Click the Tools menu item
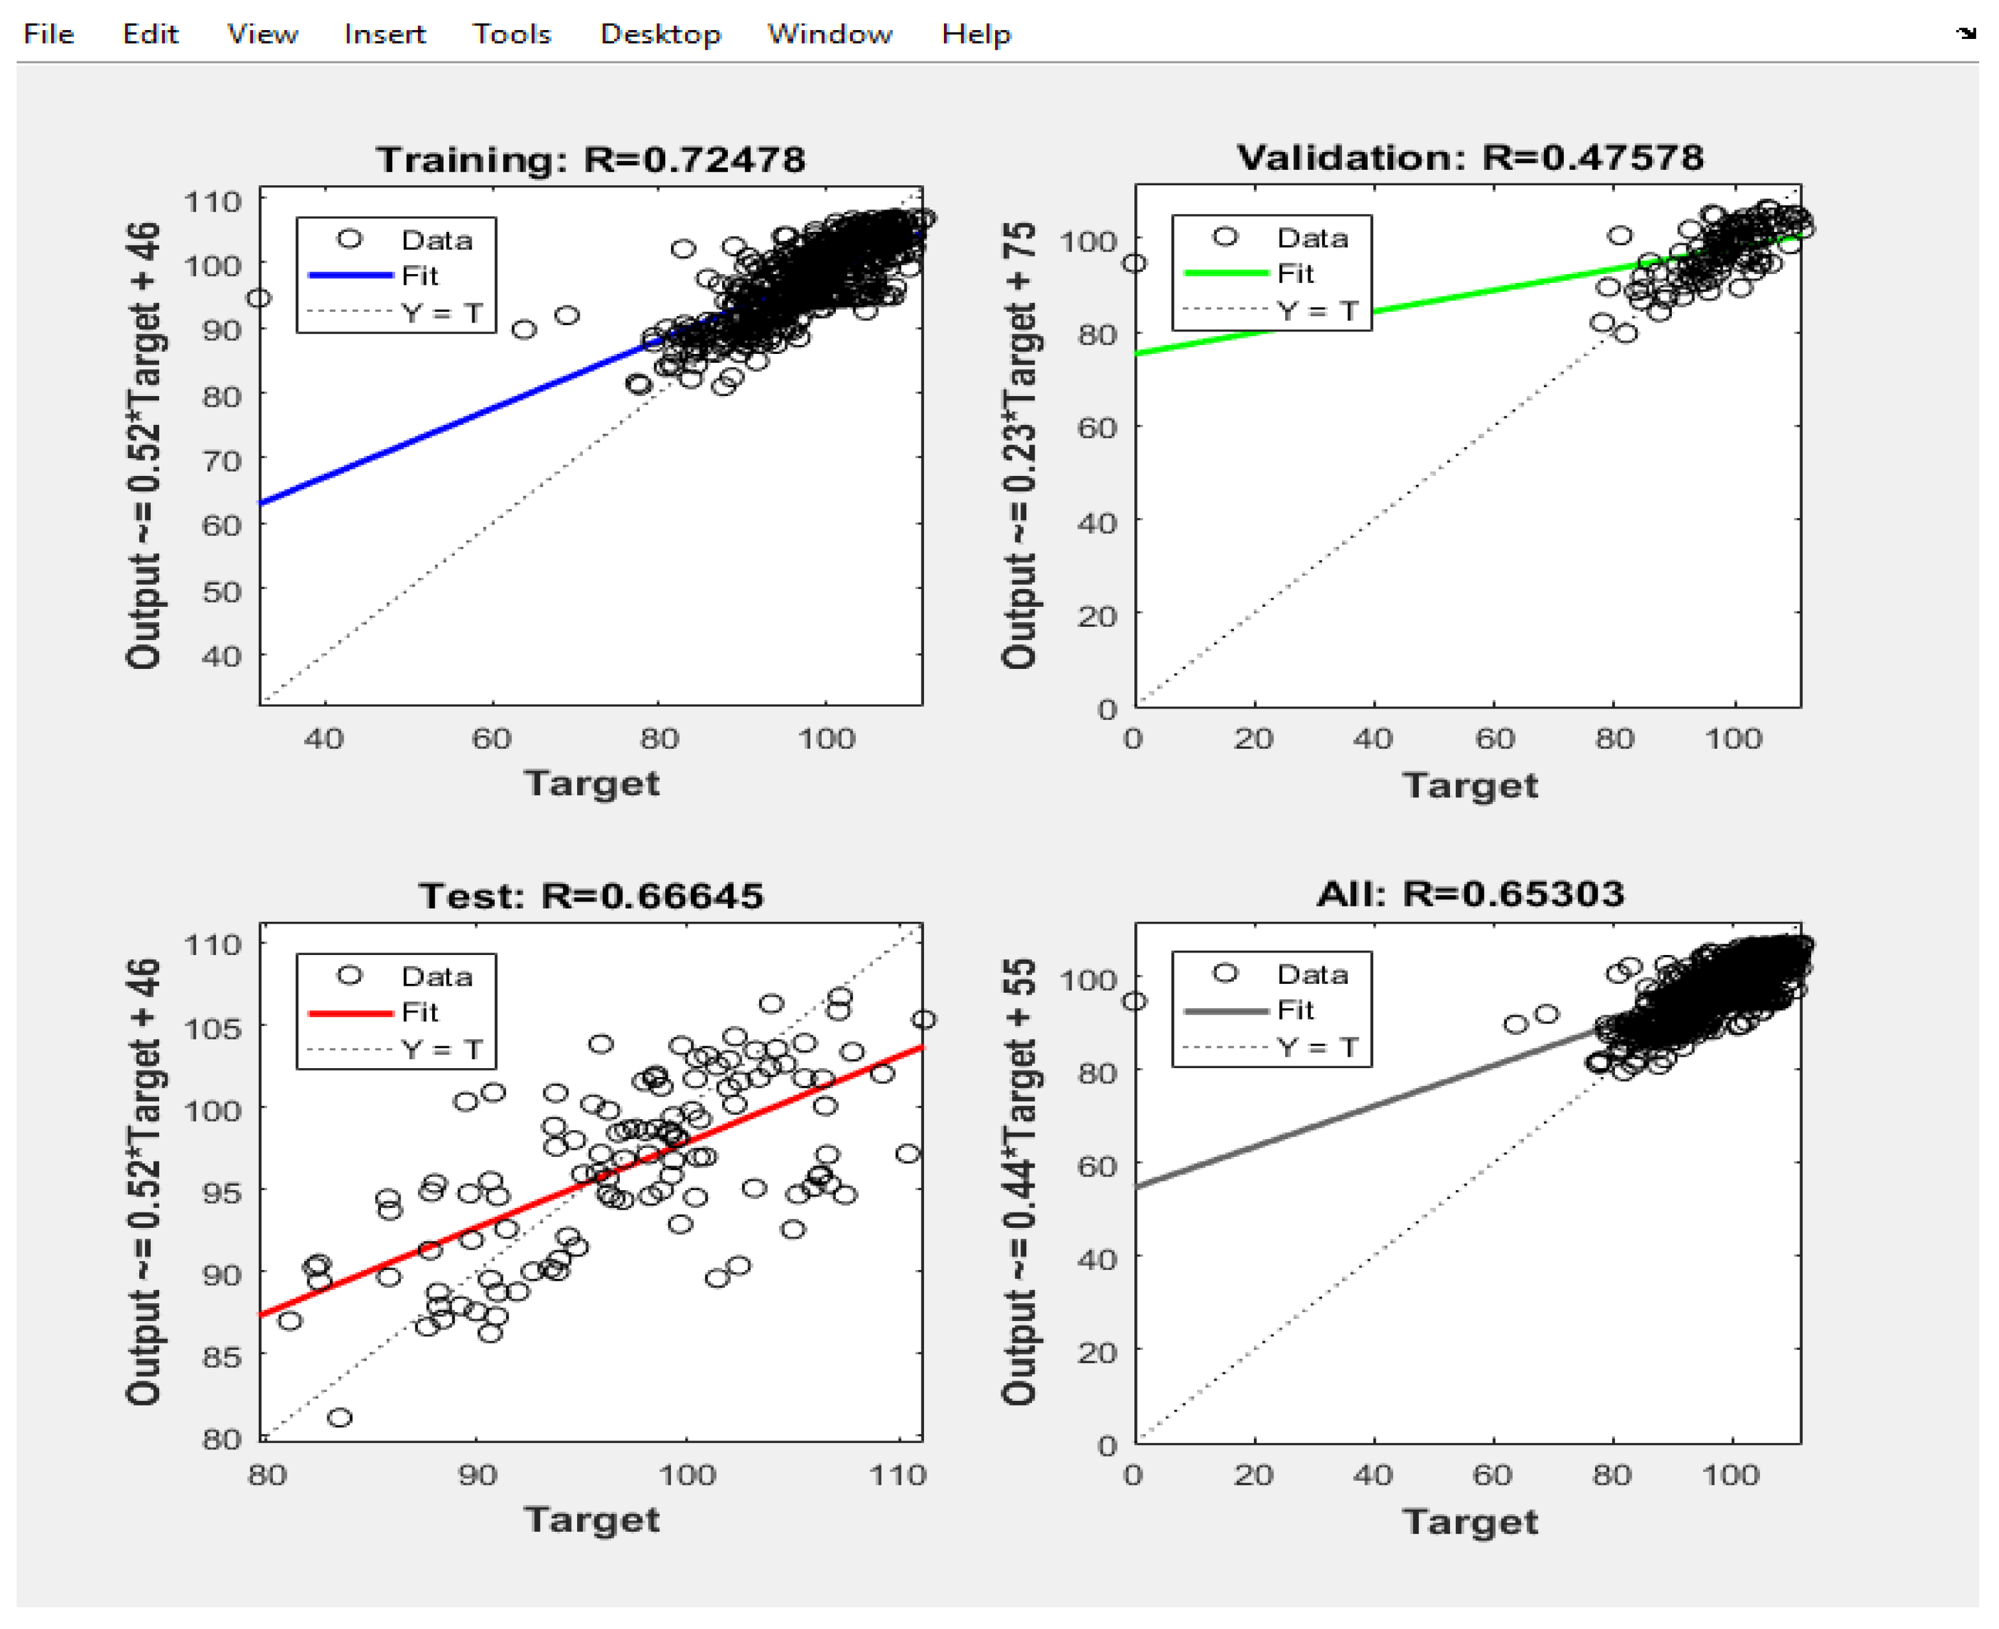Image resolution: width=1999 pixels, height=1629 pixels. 511,34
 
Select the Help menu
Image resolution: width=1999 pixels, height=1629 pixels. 976,34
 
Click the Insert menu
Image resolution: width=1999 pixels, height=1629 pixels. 385,34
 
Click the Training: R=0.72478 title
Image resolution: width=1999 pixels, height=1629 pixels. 590,160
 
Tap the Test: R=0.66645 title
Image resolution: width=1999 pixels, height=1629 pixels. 590,896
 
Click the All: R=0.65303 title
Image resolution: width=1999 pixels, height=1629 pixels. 1470,893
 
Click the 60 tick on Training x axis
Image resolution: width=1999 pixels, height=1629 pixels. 491,739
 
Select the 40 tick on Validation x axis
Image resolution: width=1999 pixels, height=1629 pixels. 1372,739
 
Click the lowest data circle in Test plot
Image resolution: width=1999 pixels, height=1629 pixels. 340,1417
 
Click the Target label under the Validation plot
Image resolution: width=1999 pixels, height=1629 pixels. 1470,785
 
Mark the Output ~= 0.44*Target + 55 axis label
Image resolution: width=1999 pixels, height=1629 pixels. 1019,1182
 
